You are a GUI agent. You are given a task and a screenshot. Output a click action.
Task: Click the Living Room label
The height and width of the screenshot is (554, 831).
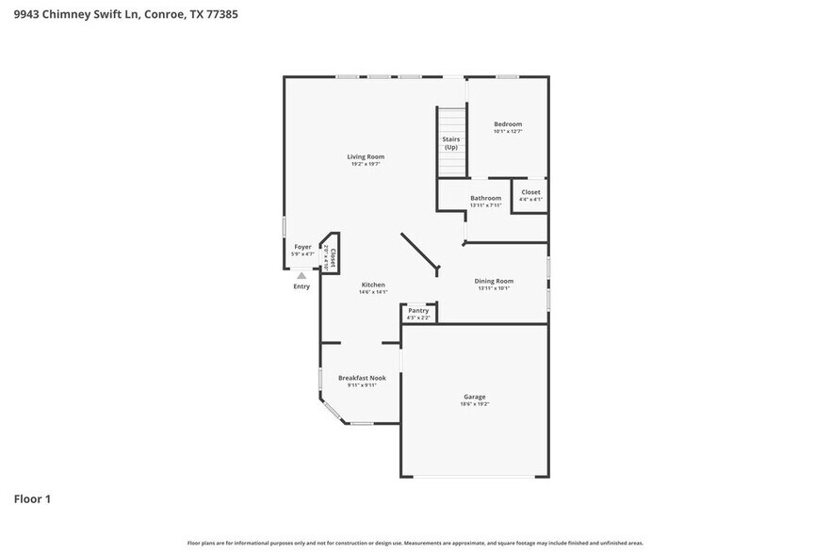(x=366, y=156)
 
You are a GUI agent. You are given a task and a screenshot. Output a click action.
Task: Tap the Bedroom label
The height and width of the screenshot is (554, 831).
(x=508, y=123)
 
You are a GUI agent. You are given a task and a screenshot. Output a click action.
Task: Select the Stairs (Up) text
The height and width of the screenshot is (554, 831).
(x=451, y=143)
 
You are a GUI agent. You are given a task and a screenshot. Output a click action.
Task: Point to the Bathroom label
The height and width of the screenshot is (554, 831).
(x=486, y=198)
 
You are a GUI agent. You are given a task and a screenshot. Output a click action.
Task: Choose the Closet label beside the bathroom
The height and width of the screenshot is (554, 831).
(x=530, y=192)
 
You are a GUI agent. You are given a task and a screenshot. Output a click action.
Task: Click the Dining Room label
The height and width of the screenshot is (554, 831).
(x=494, y=281)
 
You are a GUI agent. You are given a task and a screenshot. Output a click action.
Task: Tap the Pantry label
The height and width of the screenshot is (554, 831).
(x=418, y=310)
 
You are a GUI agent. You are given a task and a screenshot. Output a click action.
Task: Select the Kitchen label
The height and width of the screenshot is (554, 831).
(x=373, y=285)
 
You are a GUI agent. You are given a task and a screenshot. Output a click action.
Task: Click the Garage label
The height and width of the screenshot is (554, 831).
(x=474, y=397)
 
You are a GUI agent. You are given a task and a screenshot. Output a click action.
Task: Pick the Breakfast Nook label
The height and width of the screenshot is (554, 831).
(x=362, y=378)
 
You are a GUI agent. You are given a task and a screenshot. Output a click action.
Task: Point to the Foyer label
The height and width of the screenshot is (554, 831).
(x=301, y=247)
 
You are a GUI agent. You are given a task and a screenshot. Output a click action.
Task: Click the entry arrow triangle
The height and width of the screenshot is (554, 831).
(x=301, y=275)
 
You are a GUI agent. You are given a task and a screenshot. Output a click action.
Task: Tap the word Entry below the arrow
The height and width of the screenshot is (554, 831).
(x=301, y=286)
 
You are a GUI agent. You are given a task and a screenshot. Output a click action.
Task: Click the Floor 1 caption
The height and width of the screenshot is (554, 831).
(x=32, y=498)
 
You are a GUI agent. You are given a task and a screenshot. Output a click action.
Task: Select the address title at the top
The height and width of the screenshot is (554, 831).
(x=119, y=14)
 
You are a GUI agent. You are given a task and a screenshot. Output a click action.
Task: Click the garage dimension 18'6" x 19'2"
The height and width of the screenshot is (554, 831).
(x=474, y=404)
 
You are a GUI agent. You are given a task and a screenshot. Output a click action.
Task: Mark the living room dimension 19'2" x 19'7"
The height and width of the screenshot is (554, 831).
(x=366, y=165)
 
